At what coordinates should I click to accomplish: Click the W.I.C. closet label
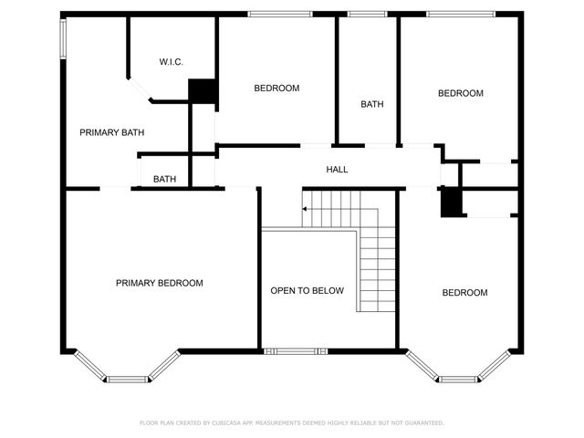point(171,62)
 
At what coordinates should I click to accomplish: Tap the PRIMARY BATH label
point(112,132)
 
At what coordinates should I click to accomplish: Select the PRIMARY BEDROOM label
point(159,283)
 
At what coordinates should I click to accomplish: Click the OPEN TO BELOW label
point(307,291)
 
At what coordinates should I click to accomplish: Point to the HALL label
point(337,170)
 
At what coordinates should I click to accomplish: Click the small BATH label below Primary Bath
point(165,179)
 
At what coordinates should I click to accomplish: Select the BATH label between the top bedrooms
point(371,104)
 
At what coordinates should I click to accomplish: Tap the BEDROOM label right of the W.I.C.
point(276,88)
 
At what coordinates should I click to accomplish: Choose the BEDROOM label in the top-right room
point(460,93)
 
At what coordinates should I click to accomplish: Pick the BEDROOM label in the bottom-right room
point(464,293)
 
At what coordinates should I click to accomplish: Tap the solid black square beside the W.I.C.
point(202,91)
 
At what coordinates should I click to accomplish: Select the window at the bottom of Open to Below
point(295,350)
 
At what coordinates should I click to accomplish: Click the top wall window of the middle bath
point(367,14)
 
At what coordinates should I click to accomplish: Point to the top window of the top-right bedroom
point(455,14)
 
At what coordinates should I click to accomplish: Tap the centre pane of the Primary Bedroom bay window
point(127,379)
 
